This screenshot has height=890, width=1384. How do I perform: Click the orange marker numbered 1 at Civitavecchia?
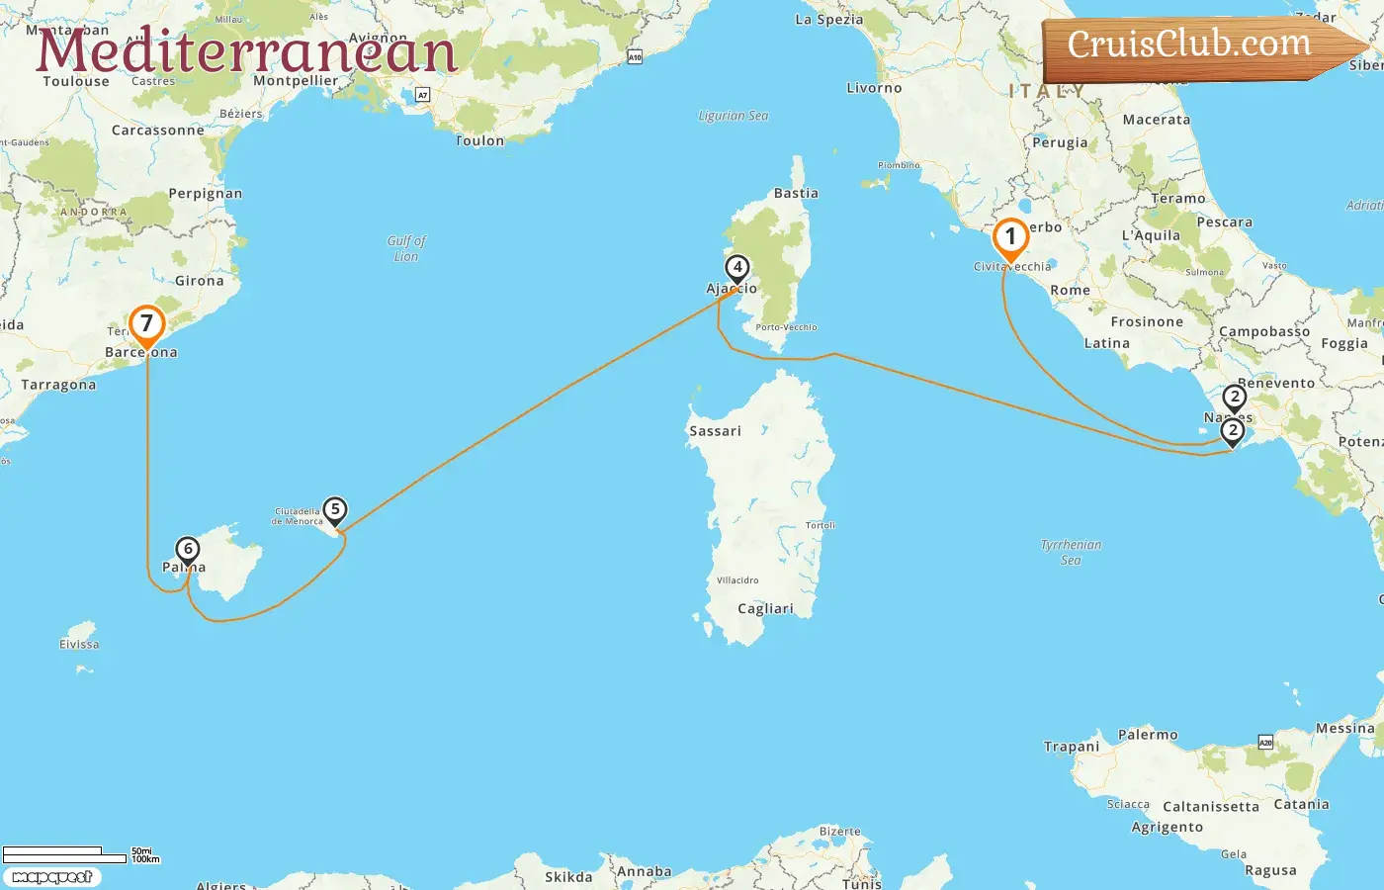[1010, 238]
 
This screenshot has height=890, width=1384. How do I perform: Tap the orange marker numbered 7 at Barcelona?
[146, 324]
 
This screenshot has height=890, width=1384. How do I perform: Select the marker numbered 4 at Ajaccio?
[736, 268]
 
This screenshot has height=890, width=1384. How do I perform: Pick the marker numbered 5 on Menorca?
[335, 510]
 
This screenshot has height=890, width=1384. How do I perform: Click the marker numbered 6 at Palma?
[187, 550]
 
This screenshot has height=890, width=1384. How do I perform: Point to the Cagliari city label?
[765, 609]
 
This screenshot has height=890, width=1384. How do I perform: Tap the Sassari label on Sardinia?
[715, 431]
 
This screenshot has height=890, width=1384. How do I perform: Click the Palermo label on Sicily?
[1148, 735]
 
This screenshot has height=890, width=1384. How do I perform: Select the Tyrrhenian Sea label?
[1071, 552]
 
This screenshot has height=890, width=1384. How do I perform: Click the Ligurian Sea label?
[733, 116]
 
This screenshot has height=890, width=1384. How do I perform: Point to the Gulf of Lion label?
[406, 248]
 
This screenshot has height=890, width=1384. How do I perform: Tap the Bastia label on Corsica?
[796, 193]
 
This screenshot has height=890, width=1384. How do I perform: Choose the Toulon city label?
[479, 141]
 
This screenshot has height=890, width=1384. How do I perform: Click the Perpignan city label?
[205, 194]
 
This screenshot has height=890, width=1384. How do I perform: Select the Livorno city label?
[874, 88]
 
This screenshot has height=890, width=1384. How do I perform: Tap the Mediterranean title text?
[246, 51]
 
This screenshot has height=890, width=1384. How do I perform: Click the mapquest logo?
[51, 877]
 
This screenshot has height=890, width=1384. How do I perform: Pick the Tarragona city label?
[58, 385]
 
